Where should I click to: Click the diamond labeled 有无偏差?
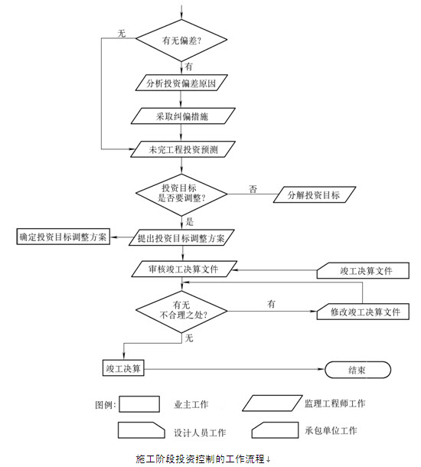pos(181,41)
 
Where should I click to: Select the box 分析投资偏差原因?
pos(181,83)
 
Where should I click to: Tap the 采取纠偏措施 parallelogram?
pos(183,116)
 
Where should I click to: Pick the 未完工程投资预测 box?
pos(183,149)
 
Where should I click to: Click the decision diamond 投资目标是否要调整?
pos(181,194)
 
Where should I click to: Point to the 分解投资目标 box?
pos(315,194)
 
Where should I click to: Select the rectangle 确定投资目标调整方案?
pos(63,237)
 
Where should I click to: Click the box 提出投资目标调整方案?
pos(181,237)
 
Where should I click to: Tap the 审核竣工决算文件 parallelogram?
pos(184,269)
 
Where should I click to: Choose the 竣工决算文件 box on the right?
pos(363,271)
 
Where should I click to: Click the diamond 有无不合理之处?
pos(181,312)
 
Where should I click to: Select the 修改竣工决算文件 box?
pos(363,312)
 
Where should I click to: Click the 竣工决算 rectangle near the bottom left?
pos(123,368)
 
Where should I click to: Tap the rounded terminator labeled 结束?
pos(357,370)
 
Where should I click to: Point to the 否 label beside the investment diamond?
pos(253,189)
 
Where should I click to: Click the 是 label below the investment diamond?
pos(189,221)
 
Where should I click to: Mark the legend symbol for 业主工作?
pos(139,404)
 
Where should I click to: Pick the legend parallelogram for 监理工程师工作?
pos(273,403)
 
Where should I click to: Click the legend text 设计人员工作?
pos(200,433)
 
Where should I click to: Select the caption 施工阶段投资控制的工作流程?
pos(200,459)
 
